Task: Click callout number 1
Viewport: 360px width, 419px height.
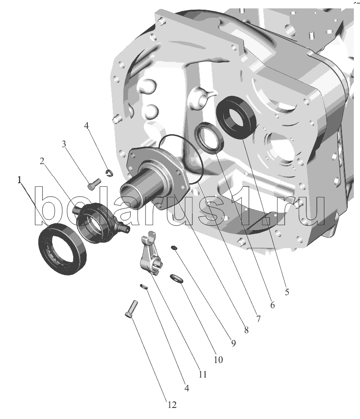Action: pos(19,181)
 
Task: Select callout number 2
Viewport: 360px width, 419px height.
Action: pos(42,161)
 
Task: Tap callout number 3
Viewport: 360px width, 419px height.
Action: pos(64,144)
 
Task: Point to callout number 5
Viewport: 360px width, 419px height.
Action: pos(287,292)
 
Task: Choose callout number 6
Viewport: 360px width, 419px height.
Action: pos(272,305)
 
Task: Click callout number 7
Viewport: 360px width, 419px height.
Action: pos(258,318)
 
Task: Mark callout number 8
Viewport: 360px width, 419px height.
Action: pos(246,330)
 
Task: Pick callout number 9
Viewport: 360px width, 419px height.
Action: pos(233,344)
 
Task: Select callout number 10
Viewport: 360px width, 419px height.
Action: pos(218,360)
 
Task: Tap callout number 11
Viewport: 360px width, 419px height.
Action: pos(202,374)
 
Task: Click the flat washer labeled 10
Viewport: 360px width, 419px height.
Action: pos(176,278)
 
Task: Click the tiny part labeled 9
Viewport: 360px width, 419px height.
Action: pos(174,248)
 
